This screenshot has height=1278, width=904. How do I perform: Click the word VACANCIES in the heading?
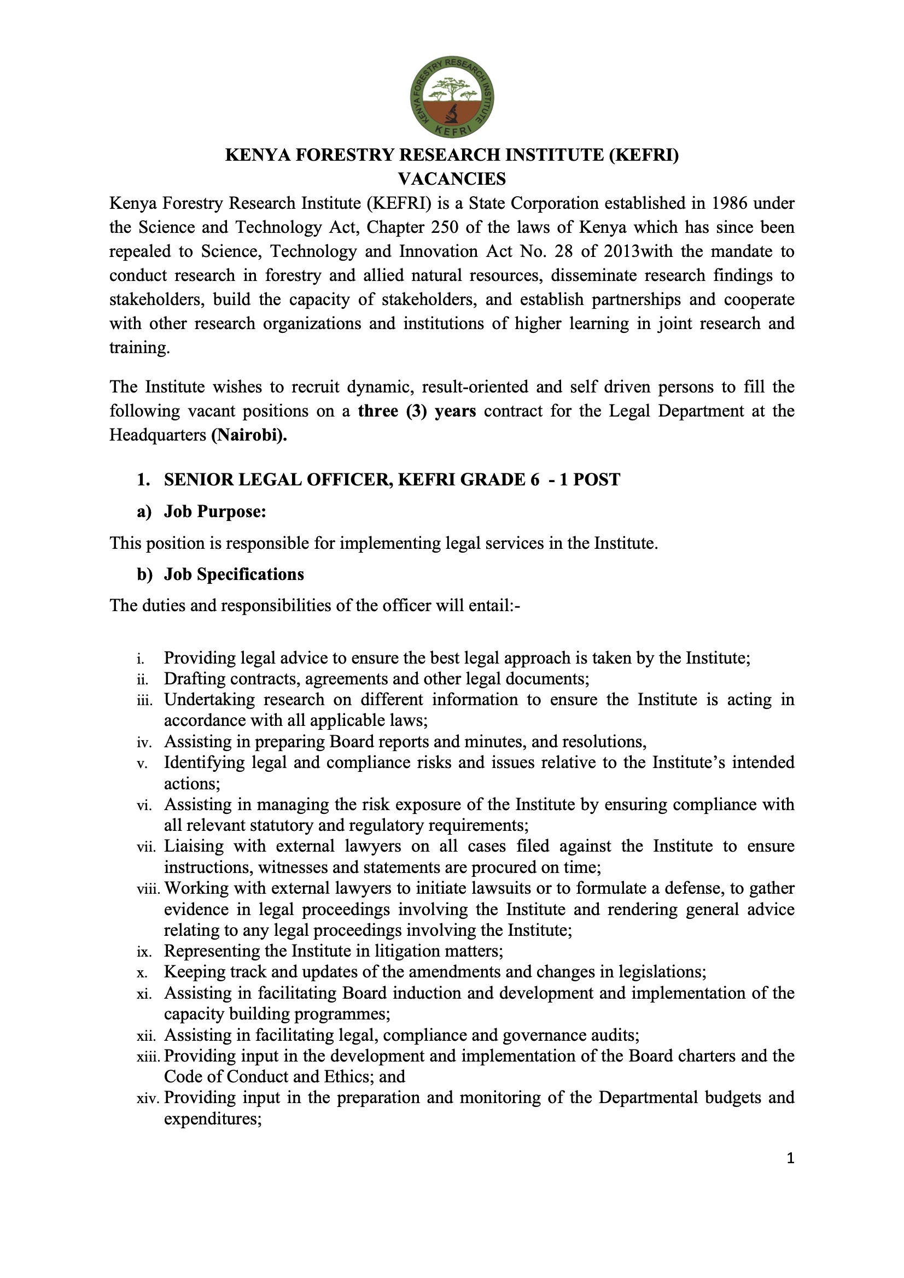click(x=452, y=179)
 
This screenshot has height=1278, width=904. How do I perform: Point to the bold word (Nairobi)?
click(x=249, y=435)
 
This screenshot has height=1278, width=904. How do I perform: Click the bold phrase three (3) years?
click(x=417, y=411)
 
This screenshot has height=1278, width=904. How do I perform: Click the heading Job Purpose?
click(x=215, y=512)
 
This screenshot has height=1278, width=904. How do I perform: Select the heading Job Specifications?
click(x=234, y=574)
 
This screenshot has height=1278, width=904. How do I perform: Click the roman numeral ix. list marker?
click(x=144, y=952)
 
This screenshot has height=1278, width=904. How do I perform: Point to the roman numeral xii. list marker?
click(x=145, y=1036)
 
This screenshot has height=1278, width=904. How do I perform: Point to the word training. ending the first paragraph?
click(x=139, y=348)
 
